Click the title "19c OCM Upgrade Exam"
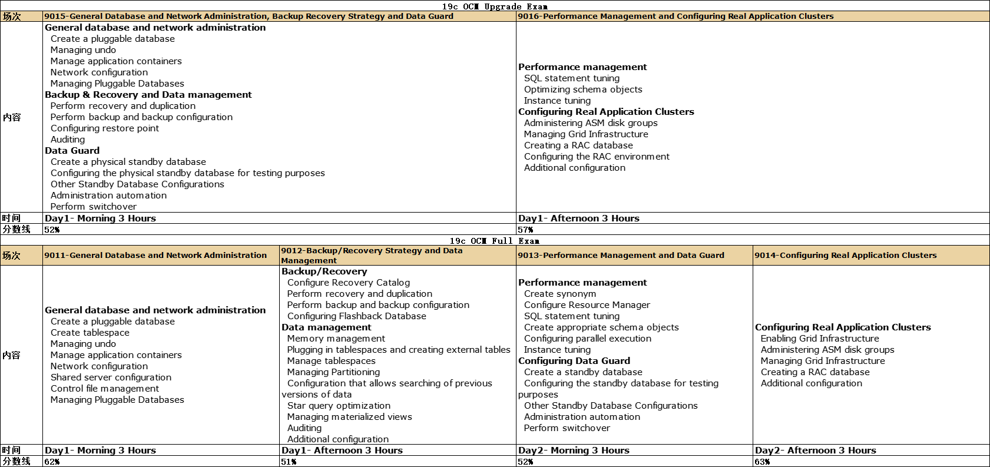pyautogui.click(x=495, y=6)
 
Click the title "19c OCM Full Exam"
pyautogui.click(x=495, y=241)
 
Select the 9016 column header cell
pyautogui.click(x=676, y=16)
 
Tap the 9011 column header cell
pyautogui.click(x=155, y=256)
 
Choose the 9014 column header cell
pyautogui.click(x=845, y=256)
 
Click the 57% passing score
pyautogui.click(x=526, y=230)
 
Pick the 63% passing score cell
pyautogui.click(x=763, y=462)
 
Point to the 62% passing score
pyautogui.click(x=52, y=462)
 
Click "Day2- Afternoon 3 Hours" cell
pyautogui.click(x=815, y=451)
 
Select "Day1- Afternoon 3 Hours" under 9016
pyautogui.click(x=578, y=218)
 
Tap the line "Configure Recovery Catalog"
pyautogui.click(x=348, y=283)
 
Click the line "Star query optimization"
pyautogui.click(x=339, y=406)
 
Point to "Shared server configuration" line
pyautogui.click(x=111, y=377)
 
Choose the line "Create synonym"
pyautogui.click(x=559, y=294)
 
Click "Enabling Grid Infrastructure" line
pyautogui.click(x=819, y=339)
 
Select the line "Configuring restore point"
pyautogui.click(x=104, y=128)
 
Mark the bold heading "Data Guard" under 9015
pyautogui.click(x=72, y=151)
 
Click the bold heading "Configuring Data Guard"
pyautogui.click(x=574, y=361)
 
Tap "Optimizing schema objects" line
pyautogui.click(x=583, y=90)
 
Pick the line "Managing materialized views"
pyautogui.click(x=349, y=417)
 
